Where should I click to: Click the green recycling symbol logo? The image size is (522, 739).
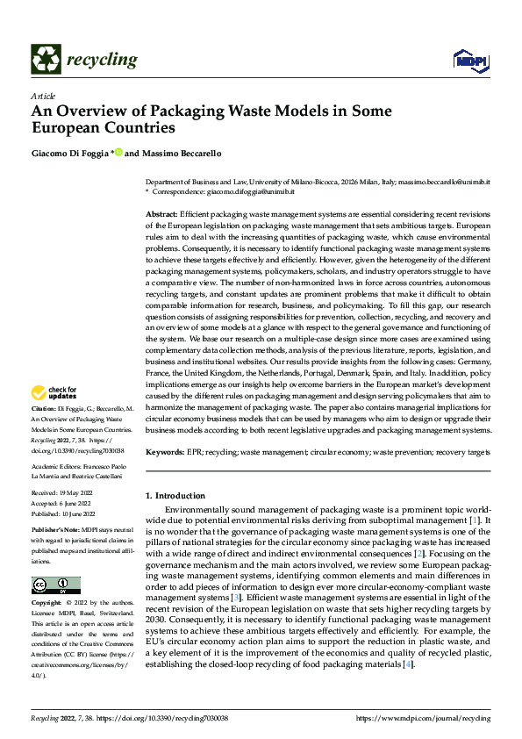pos(46,60)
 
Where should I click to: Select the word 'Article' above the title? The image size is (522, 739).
pos(43,96)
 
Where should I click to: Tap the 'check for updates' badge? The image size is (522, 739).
pos(54,391)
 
